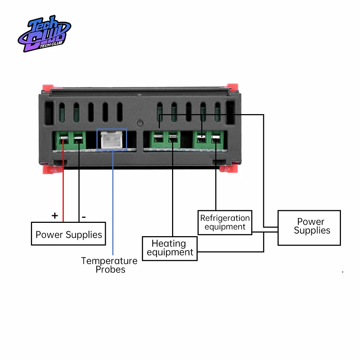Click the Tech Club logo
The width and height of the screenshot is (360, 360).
44,33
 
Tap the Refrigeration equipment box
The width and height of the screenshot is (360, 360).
225,222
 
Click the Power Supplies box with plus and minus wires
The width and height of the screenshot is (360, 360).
68,235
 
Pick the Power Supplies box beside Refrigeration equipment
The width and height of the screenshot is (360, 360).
309,228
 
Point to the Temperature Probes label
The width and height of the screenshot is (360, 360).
109,265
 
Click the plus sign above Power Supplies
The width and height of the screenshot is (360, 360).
55,216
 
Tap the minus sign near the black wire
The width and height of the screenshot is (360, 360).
84,217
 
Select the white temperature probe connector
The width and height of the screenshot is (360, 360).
112,140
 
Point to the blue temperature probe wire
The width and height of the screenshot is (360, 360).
113,202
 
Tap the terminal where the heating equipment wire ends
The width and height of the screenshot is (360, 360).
173,138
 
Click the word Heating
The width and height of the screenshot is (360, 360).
168,244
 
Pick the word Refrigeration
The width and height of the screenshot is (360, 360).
225,218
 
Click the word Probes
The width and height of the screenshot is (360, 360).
111,270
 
